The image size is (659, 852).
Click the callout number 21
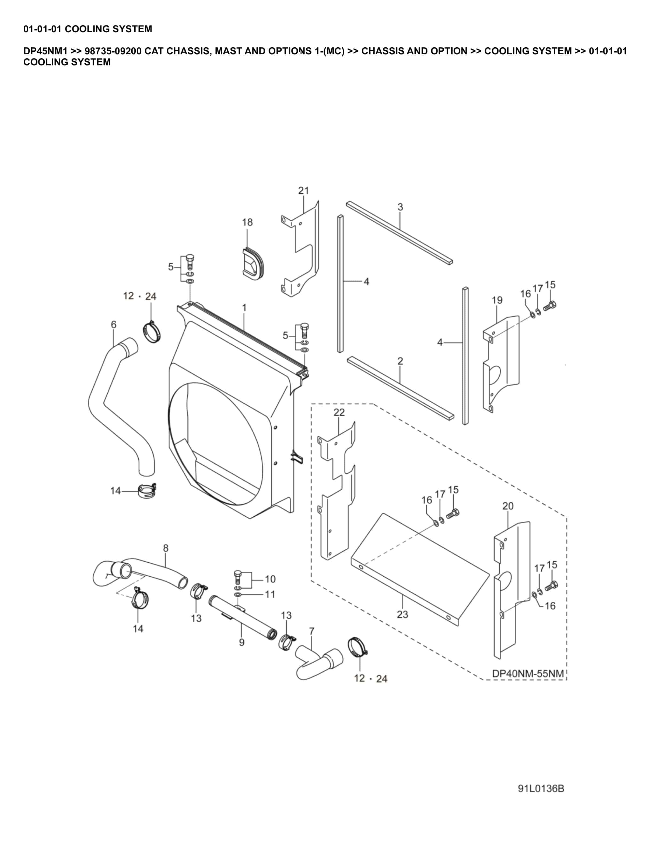tap(303, 190)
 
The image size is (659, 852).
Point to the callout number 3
tap(400, 207)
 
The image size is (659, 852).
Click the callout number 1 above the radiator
tap(244, 308)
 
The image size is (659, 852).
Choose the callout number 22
tap(339, 412)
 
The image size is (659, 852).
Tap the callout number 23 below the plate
tap(402, 615)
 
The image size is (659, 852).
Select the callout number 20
tap(508, 506)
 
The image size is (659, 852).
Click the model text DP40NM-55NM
tap(528, 673)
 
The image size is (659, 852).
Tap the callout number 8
tap(166, 548)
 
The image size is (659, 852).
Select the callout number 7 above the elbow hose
tap(311, 631)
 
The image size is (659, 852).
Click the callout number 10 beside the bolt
tap(270, 579)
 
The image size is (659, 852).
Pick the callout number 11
tap(270, 594)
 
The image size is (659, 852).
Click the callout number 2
tap(400, 361)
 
